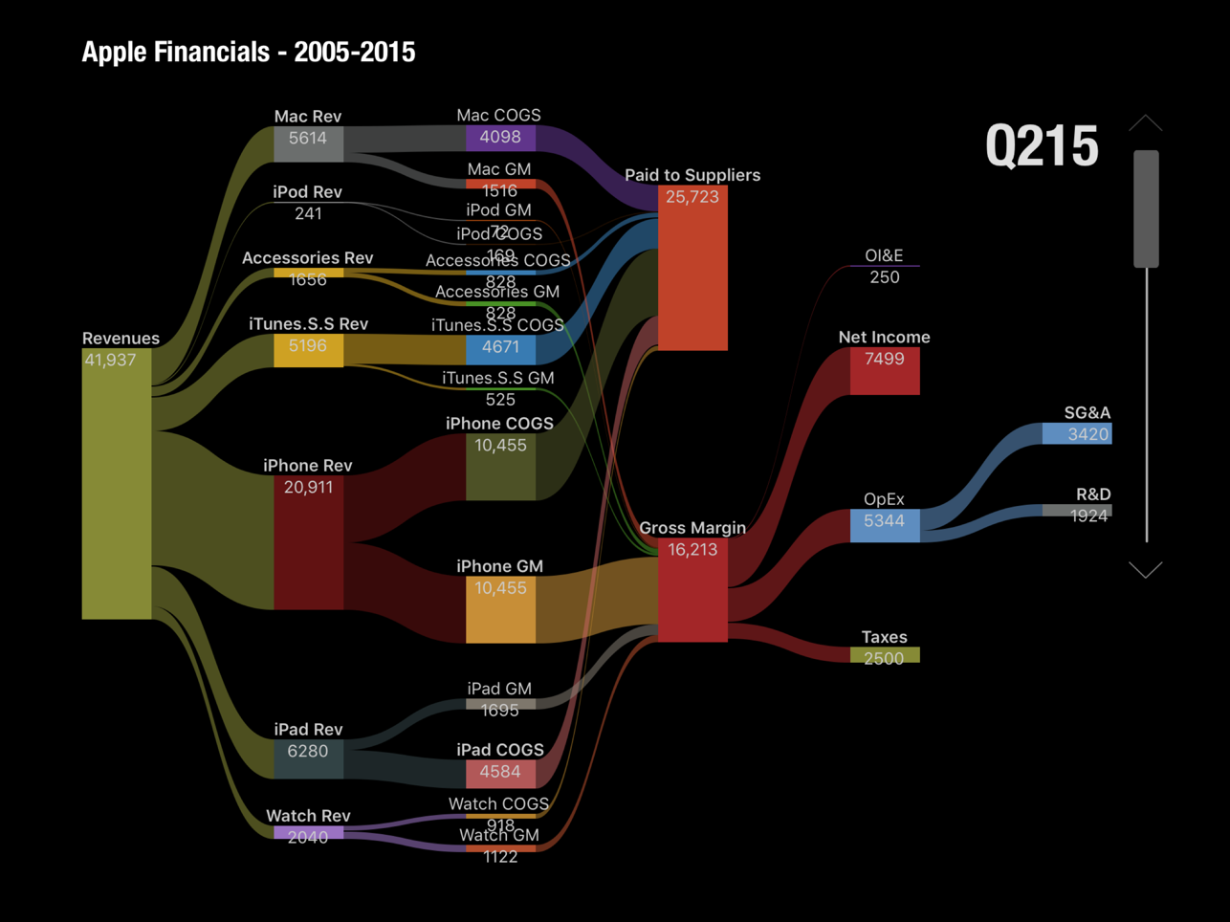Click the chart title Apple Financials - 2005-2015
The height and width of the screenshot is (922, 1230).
point(249,52)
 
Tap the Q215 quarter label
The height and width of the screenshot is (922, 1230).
point(1042,146)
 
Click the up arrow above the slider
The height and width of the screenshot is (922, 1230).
point(1145,123)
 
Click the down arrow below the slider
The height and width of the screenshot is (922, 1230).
point(1145,570)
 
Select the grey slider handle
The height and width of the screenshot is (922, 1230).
point(1146,209)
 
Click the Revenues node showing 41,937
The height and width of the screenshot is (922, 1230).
point(117,483)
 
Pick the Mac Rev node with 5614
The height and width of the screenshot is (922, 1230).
point(308,143)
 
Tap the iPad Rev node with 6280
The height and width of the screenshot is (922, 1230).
point(308,758)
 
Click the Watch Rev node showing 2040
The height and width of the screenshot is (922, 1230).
point(308,834)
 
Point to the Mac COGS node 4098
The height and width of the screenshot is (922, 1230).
point(500,138)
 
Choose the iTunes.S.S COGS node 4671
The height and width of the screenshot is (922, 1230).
point(500,349)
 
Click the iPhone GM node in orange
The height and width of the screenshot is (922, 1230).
point(500,609)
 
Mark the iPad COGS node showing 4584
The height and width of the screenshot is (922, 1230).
point(500,773)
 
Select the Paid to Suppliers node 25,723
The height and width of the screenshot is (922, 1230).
point(692,268)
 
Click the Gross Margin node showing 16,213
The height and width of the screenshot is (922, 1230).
point(692,589)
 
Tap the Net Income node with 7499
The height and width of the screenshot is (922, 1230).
point(884,371)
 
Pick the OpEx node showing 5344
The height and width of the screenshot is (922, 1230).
point(884,525)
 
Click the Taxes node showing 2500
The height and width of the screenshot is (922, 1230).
point(884,656)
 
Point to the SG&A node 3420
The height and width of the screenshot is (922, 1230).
point(1076,434)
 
